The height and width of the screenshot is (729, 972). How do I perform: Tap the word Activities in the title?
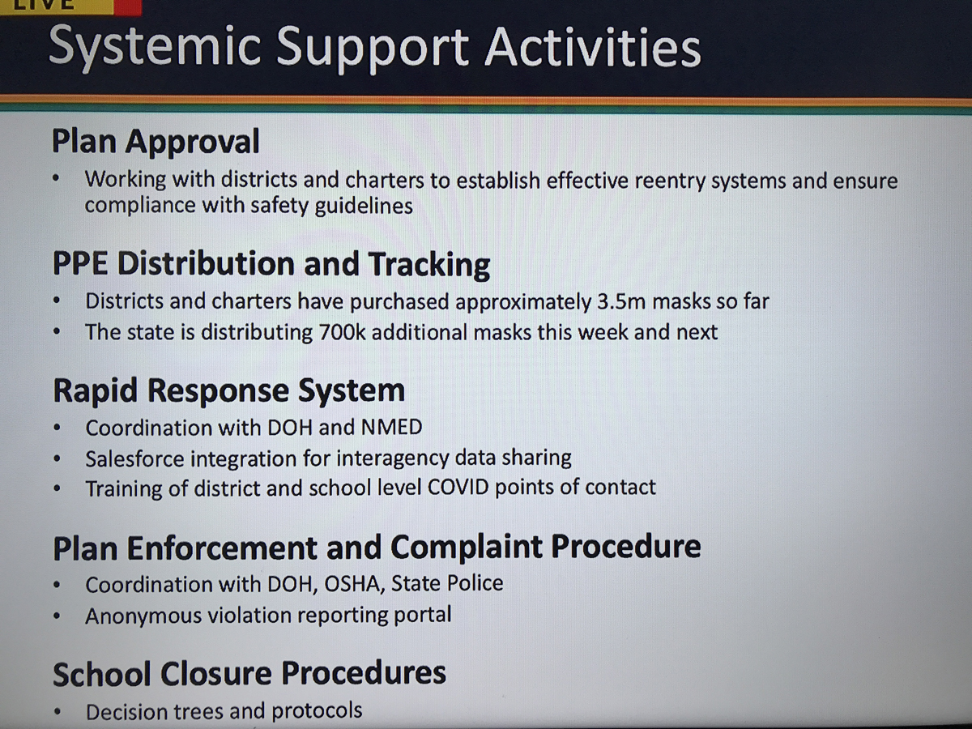pyautogui.click(x=592, y=46)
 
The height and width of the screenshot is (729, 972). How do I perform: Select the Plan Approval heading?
pyautogui.click(x=156, y=142)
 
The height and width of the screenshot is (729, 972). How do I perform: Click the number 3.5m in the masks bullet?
pyautogui.click(x=621, y=301)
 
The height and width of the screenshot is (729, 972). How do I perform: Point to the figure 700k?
pyautogui.click(x=343, y=332)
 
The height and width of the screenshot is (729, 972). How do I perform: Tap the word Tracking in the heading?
pyautogui.click(x=429, y=265)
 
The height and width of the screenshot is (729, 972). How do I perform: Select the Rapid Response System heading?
pyautogui.click(x=229, y=391)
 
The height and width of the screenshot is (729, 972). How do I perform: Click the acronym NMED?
pyautogui.click(x=392, y=427)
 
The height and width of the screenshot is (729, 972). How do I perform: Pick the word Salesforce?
pyautogui.click(x=134, y=458)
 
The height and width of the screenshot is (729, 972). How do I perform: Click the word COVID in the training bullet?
pyautogui.click(x=458, y=488)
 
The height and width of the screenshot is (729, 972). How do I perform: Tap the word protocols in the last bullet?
pyautogui.click(x=317, y=711)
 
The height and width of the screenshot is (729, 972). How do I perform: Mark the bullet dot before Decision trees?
pyautogui.click(x=56, y=712)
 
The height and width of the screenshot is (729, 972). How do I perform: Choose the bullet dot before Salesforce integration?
pyautogui.click(x=56, y=459)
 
